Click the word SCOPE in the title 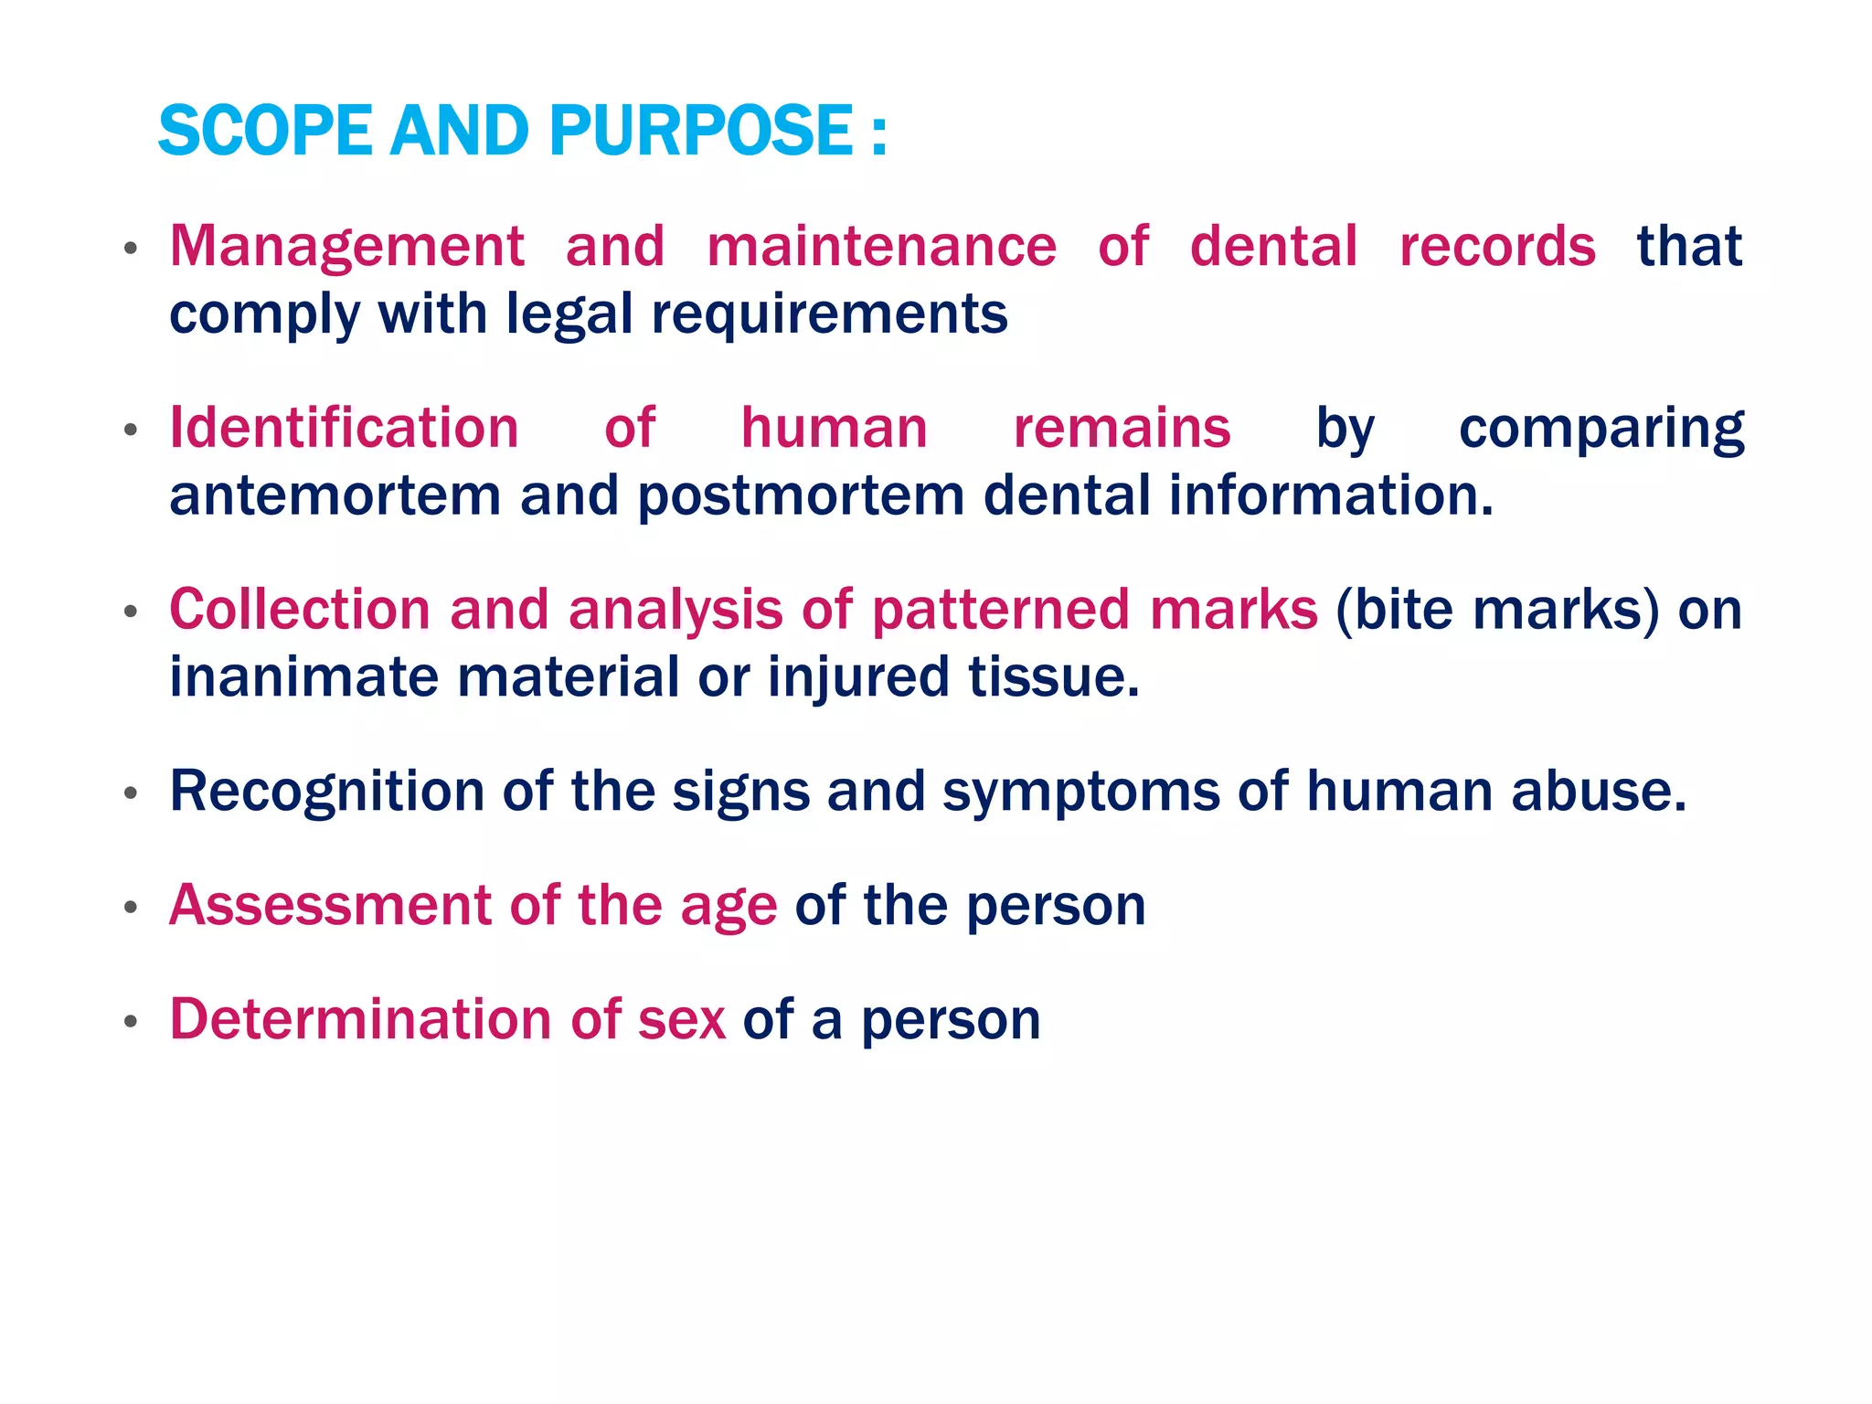pos(264,131)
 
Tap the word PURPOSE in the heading pos(701,131)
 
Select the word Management pos(347,248)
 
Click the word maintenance pos(881,246)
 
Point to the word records pos(1497,246)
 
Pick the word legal pos(569,314)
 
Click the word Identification pos(345,428)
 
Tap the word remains pos(1122,428)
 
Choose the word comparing pos(1601,430)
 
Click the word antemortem pos(335,495)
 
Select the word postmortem pos(801,495)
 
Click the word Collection pos(300,609)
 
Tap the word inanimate pos(303,676)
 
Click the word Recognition pos(327,792)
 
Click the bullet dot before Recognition pos(132,792)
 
